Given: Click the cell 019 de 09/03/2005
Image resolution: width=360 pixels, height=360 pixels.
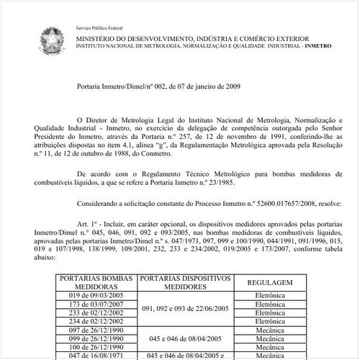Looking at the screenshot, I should click(x=94, y=295).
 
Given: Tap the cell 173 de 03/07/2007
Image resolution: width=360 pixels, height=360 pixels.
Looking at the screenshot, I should click(x=94, y=305).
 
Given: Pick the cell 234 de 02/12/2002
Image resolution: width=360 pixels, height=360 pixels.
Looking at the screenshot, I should click(x=94, y=323).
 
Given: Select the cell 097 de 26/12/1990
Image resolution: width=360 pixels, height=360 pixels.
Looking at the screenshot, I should click(x=94, y=331).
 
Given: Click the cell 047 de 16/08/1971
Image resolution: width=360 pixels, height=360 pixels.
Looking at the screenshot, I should click(x=94, y=355).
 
